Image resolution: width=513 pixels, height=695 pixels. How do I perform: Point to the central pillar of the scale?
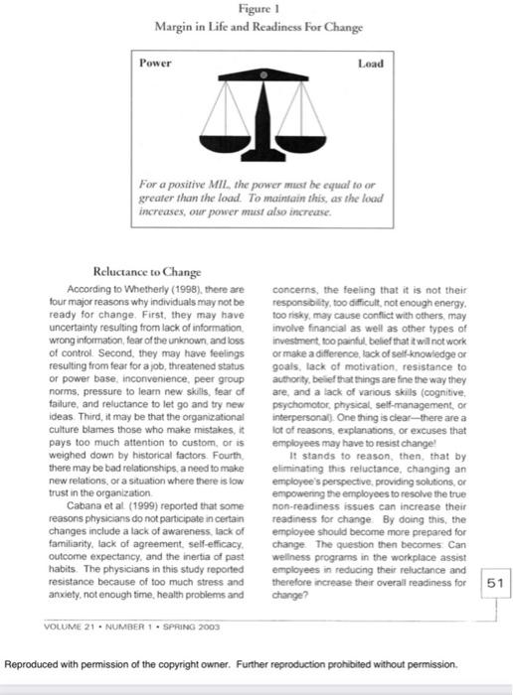264,114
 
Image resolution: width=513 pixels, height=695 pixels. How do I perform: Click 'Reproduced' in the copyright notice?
36,663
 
